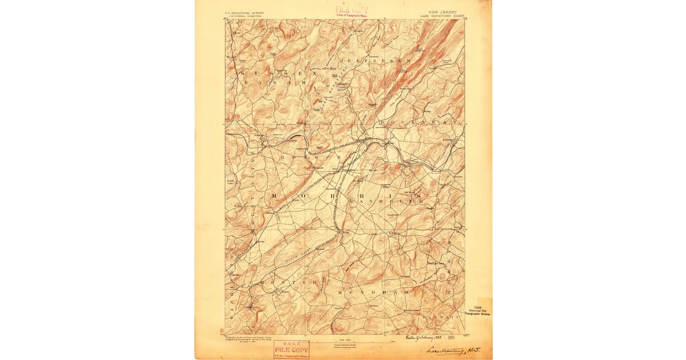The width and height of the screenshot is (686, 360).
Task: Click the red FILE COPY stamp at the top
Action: click(351, 9)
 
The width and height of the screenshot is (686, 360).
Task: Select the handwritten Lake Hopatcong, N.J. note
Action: click(455, 350)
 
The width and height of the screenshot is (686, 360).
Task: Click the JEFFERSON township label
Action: click(375, 60)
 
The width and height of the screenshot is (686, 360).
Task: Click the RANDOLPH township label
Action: click(389, 201)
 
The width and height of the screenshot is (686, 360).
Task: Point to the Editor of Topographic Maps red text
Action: click(351, 15)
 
